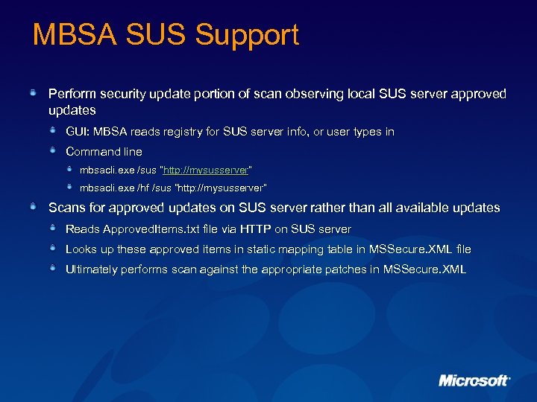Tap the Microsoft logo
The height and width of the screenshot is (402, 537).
tap(474, 380)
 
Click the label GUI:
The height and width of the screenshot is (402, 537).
tap(78, 132)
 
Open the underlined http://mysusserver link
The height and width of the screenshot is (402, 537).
tap(205, 169)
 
